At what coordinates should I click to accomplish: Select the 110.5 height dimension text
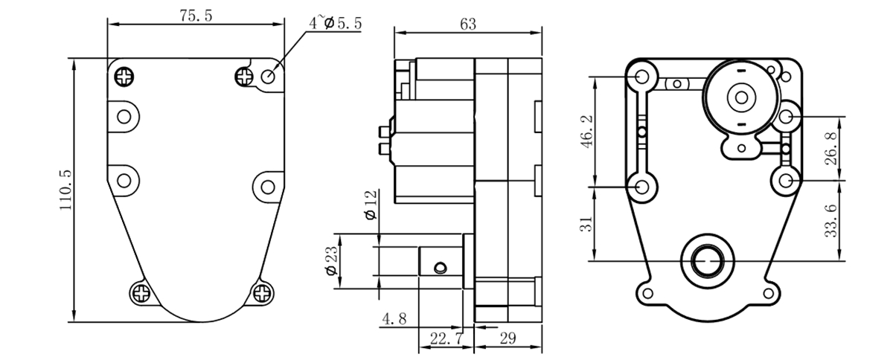point(65,190)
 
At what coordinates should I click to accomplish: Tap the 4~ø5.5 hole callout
point(336,23)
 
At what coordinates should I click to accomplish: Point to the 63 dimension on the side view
point(467,25)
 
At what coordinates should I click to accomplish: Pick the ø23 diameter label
point(331,260)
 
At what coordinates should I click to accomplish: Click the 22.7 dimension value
point(446,339)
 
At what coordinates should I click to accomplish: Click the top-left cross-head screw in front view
point(124,75)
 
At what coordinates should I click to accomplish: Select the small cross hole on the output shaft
point(441,266)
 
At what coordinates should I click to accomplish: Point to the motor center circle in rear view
point(741,96)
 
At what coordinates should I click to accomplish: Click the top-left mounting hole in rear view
point(641,76)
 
